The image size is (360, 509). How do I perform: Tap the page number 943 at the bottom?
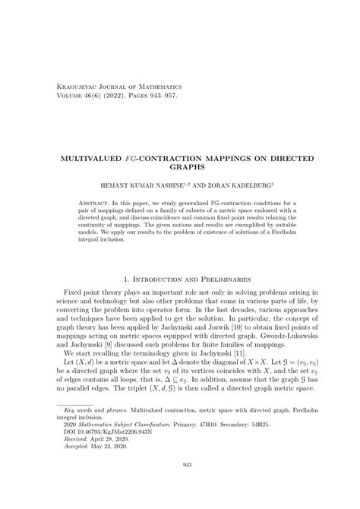179,487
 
